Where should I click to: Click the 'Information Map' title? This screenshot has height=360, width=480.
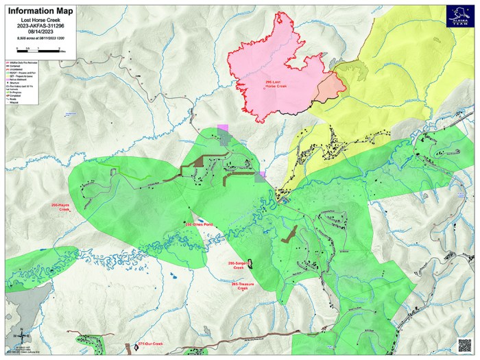click(x=37, y=11)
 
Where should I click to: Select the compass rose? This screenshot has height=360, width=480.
click(x=21, y=335)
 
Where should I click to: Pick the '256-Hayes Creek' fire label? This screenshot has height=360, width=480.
click(x=60, y=207)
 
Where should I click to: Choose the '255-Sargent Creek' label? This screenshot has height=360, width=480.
click(x=237, y=265)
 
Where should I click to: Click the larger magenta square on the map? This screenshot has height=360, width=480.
click(x=222, y=131)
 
